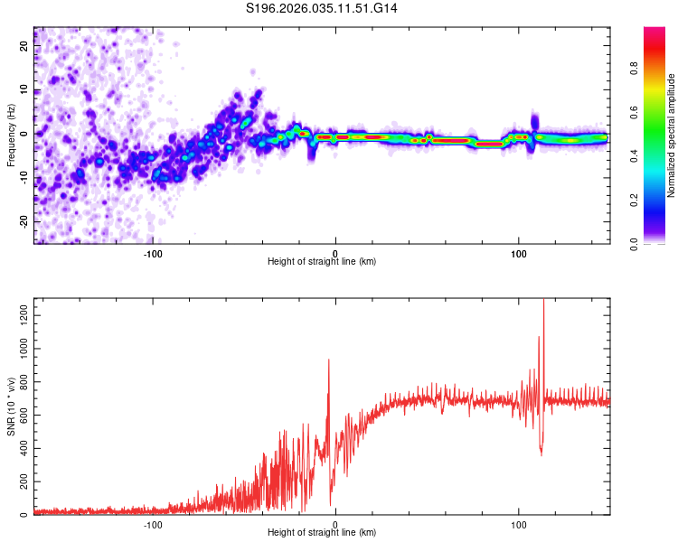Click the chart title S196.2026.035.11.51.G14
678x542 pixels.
323,8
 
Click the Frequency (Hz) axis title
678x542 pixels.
12,135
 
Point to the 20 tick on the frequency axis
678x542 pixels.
24,47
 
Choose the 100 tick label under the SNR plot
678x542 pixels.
519,523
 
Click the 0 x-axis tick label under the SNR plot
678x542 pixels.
335,523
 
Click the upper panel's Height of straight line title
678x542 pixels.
322,262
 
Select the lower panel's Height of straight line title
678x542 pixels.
322,533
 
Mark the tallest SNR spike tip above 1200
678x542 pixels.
543,302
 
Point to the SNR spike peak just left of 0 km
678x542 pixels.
328,360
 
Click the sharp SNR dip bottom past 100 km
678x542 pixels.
541,454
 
